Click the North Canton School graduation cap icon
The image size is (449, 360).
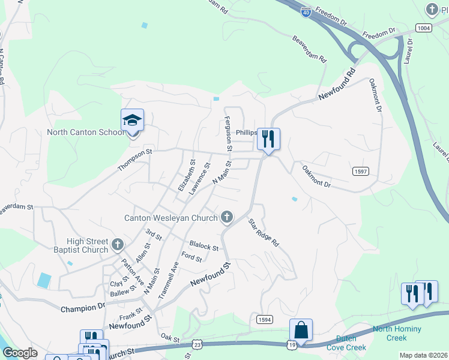pos(132,121)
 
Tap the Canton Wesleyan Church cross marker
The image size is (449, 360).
pos(226,217)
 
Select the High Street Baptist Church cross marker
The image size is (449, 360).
pos(117,245)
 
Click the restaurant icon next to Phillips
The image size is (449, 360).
pos(268,139)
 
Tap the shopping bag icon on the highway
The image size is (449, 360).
pos(301,330)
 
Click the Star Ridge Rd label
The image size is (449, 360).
pos(264,233)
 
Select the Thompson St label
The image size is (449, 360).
pos(135,161)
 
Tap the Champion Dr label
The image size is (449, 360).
pos(83,308)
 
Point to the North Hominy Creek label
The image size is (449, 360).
pos(397,333)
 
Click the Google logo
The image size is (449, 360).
pos(20,353)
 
